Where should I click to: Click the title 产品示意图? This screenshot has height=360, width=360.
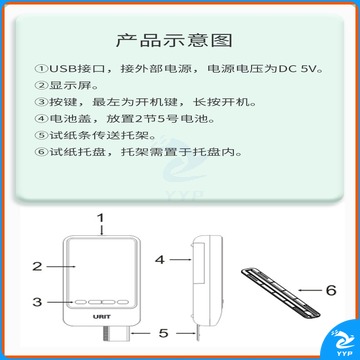[x=174, y=41]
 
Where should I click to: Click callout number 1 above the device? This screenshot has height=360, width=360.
[x=101, y=218]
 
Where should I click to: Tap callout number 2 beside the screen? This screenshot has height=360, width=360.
[x=37, y=266]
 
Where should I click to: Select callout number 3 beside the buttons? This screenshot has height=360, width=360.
[x=37, y=302]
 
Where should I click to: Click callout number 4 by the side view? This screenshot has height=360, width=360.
[x=160, y=259]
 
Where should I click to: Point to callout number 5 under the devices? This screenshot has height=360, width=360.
[x=163, y=333]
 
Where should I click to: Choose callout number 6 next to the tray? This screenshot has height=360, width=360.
[x=331, y=290]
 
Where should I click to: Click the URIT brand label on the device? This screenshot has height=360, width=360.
[x=102, y=316]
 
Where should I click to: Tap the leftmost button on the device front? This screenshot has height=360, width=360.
[x=80, y=302]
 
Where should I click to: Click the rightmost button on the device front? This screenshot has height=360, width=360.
[x=123, y=302]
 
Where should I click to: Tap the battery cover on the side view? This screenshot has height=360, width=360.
[x=199, y=264]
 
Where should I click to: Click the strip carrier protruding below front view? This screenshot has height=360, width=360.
[x=114, y=333]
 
